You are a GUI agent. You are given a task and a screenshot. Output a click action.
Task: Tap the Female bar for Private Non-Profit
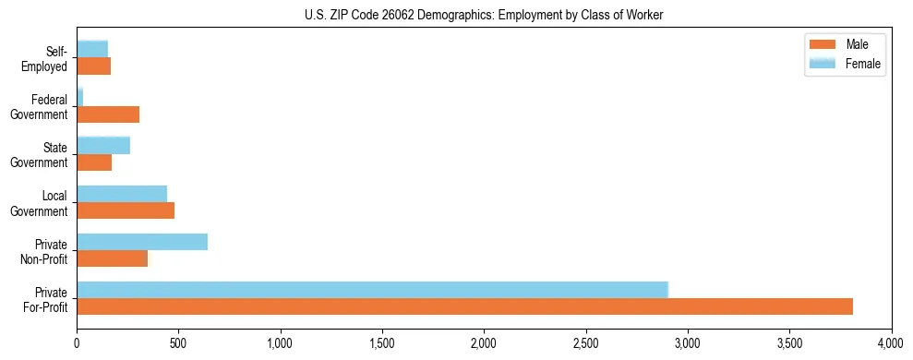[142, 242]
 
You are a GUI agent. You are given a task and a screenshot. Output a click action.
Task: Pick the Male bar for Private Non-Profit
[112, 258]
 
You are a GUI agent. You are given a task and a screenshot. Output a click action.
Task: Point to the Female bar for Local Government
[122, 193]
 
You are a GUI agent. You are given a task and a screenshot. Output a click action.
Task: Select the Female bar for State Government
[103, 145]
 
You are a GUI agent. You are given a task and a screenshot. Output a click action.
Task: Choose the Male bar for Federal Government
[108, 114]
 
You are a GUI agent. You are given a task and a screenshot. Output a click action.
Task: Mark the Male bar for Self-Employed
[93, 66]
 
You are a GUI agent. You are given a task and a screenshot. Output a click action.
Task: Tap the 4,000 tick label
[891, 342]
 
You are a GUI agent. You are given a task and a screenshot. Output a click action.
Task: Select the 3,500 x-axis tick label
[789, 342]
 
